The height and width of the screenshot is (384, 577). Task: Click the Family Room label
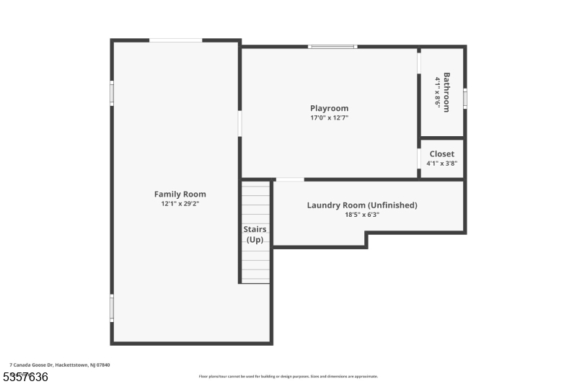pos(180,194)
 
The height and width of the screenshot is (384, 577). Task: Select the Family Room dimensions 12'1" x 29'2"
pos(180,204)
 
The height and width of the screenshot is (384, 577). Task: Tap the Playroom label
pos(329,108)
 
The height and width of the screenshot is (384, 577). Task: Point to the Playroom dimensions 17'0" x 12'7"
pos(329,117)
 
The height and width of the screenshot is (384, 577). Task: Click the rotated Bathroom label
pos(447,91)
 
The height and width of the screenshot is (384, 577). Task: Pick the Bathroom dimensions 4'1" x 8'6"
pos(437,91)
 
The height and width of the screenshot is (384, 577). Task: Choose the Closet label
pos(441,153)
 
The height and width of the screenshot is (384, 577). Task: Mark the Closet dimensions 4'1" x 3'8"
pos(441,164)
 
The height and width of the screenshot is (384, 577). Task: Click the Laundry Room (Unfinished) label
pos(362,205)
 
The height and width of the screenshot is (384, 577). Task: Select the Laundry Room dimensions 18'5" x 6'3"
pos(362,215)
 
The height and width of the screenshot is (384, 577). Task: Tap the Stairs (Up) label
pos(255,234)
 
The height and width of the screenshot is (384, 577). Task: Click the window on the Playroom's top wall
pos(332,47)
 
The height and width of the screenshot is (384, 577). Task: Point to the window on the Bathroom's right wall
pos(465,97)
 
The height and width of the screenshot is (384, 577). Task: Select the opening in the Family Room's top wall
pos(175,40)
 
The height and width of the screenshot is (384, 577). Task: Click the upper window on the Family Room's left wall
pos(112,93)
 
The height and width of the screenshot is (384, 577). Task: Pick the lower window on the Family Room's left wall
pos(112,307)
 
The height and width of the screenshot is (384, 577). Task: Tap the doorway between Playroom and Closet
pos(419,158)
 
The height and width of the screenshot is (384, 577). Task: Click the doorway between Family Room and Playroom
pos(240,122)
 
